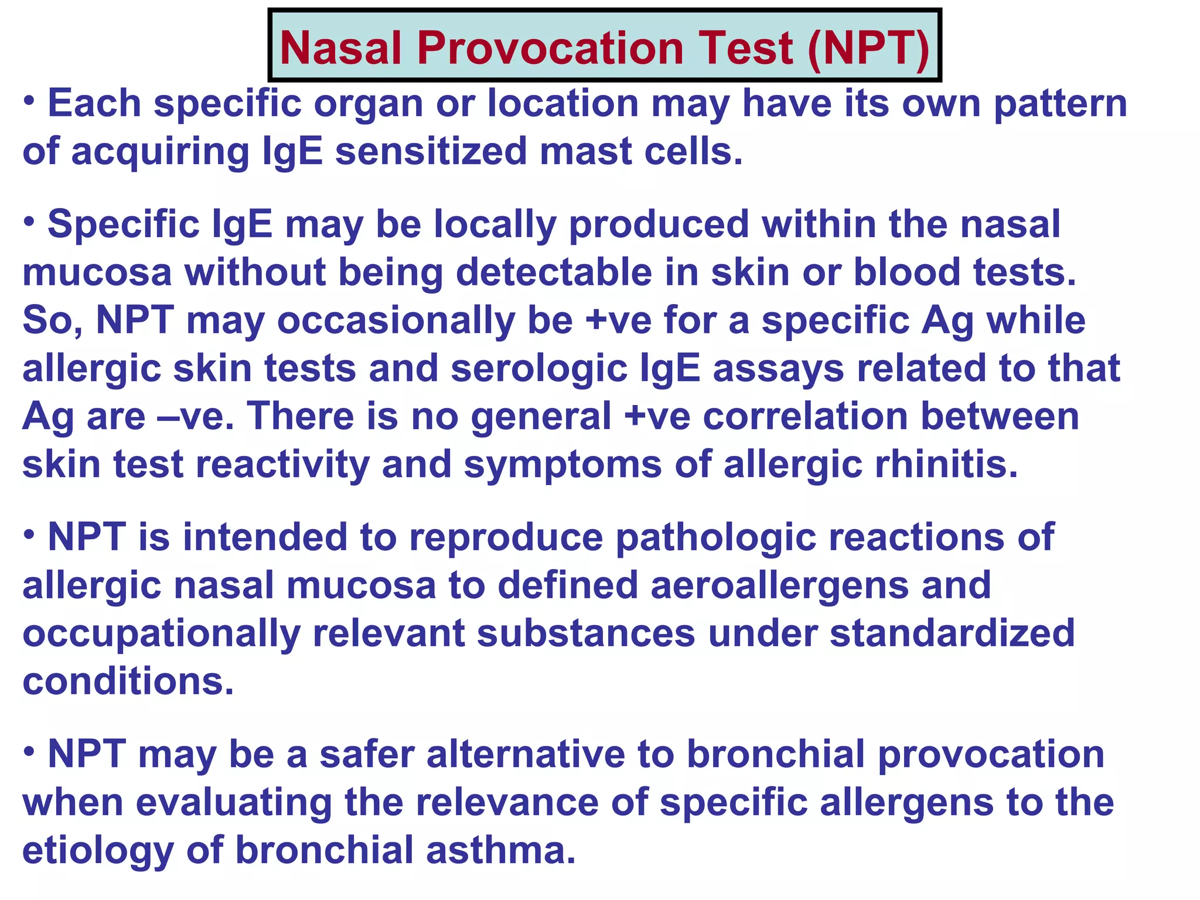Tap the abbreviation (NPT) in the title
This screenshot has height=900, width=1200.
[868, 48]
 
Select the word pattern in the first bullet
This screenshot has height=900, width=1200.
[1061, 104]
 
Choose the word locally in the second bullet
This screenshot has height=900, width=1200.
[495, 226]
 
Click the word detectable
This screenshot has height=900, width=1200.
[554, 274]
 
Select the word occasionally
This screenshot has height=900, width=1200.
[396, 322]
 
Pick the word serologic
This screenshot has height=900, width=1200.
[539, 370]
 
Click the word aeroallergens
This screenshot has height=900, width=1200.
[779, 587]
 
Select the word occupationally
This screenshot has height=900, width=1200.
[161, 635]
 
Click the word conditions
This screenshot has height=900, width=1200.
[128, 682]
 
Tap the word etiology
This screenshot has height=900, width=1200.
[98, 851]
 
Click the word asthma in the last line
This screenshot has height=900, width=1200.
[501, 851]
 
